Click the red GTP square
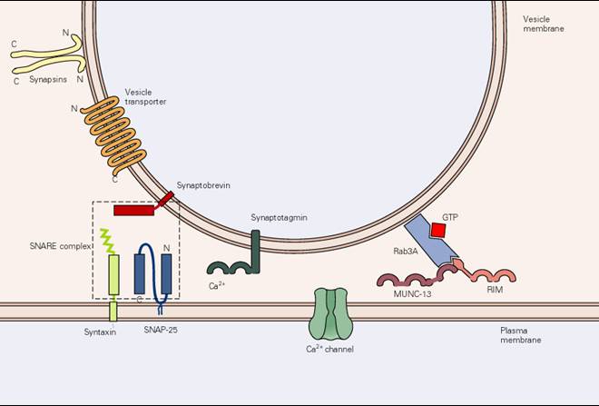tap(438, 230)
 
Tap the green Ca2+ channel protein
tap(331, 314)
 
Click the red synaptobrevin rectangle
tap(133, 210)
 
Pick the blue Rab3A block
tap(431, 240)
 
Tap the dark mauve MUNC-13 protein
tap(417, 278)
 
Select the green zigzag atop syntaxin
tap(107, 241)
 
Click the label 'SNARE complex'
tap(60, 246)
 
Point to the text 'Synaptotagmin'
tap(279, 217)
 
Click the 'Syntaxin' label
tap(100, 332)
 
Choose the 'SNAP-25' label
tap(161, 329)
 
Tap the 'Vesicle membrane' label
tap(544, 24)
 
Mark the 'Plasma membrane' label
tap(521, 335)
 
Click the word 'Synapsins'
tap(48, 80)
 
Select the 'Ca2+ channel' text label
tap(329, 349)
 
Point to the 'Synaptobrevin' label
tap(203, 185)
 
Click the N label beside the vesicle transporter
tap(74, 109)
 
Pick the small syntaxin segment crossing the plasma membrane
tap(113, 312)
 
